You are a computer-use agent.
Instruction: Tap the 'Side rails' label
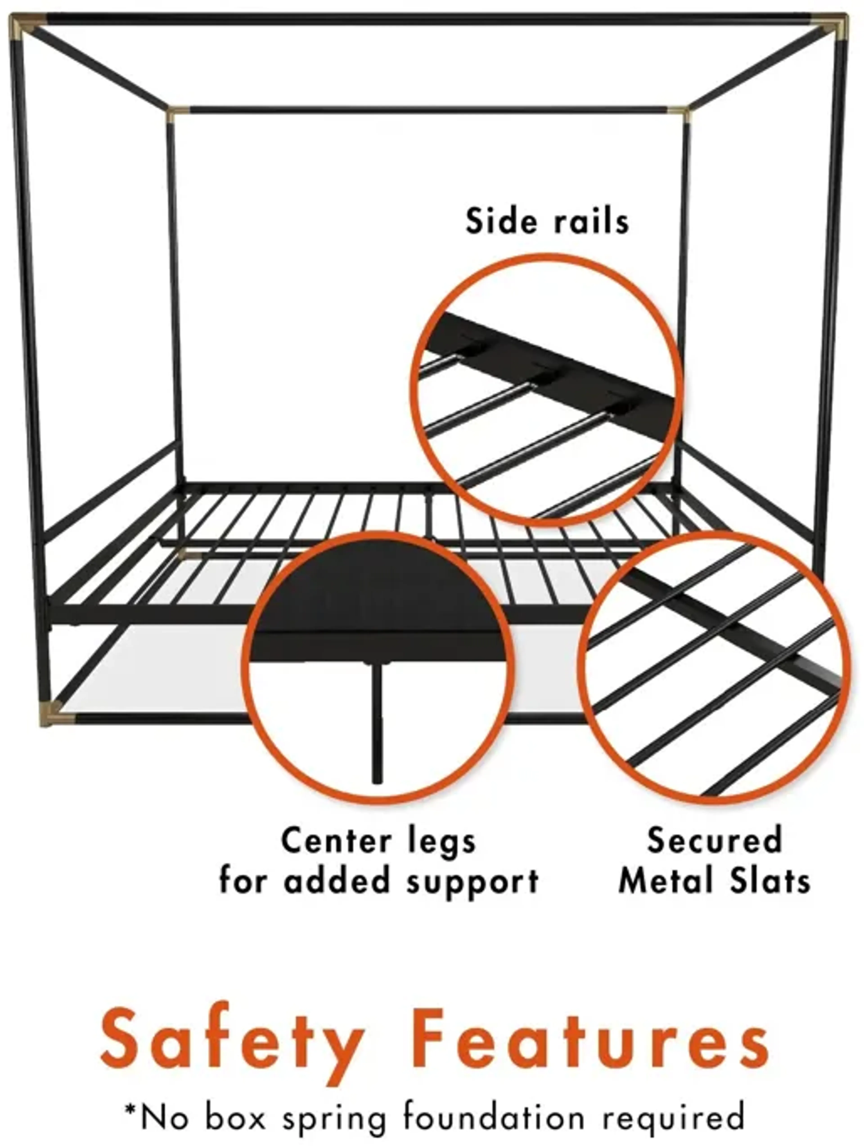point(547,221)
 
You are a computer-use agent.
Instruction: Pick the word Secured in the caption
point(714,840)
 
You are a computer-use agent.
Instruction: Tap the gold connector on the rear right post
point(678,114)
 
